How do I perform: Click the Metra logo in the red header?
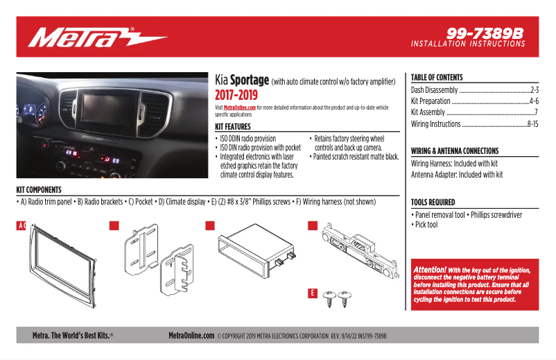tap(96, 37)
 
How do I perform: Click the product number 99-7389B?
tap(485, 33)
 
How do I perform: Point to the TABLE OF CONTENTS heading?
tap(437, 78)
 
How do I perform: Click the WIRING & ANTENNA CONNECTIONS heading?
tap(454, 151)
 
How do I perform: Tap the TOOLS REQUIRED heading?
tap(433, 203)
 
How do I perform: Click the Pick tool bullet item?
tap(426, 225)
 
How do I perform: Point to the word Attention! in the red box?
tap(429, 269)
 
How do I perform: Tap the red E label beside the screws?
tap(313, 293)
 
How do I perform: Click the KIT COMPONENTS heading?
tap(39, 189)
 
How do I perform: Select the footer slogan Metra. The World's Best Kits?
tap(72, 336)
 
